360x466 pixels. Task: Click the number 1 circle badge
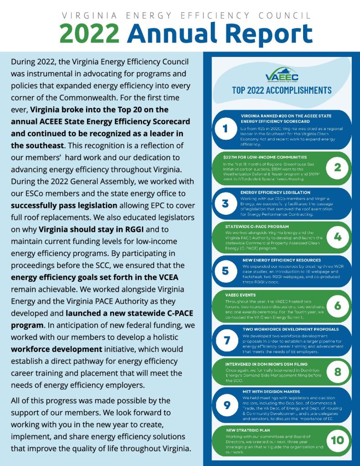click(x=225, y=130)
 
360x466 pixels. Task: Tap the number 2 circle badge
click(x=337, y=167)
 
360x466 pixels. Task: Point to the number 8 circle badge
click(x=337, y=372)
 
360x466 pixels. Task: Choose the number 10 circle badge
click(x=337, y=440)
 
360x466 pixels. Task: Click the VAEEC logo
click(x=282, y=76)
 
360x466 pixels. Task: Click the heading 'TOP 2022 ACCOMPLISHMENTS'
click(x=282, y=90)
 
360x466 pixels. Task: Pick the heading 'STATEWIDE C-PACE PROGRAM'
click(x=257, y=226)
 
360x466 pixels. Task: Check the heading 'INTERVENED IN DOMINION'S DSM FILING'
click(x=266, y=364)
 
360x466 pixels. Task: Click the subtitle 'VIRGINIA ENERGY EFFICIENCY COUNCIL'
click(x=187, y=15)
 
